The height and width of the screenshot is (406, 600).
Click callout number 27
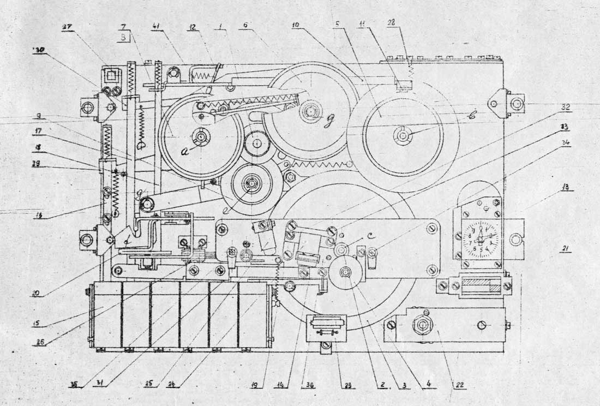tap(68, 28)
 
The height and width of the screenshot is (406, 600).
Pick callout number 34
tap(567, 143)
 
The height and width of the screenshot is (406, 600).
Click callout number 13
tap(567, 187)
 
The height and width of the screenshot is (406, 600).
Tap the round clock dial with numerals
tap(480, 239)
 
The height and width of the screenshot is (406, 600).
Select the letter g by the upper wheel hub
tap(328, 122)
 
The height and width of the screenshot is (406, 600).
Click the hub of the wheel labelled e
tap(252, 183)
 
